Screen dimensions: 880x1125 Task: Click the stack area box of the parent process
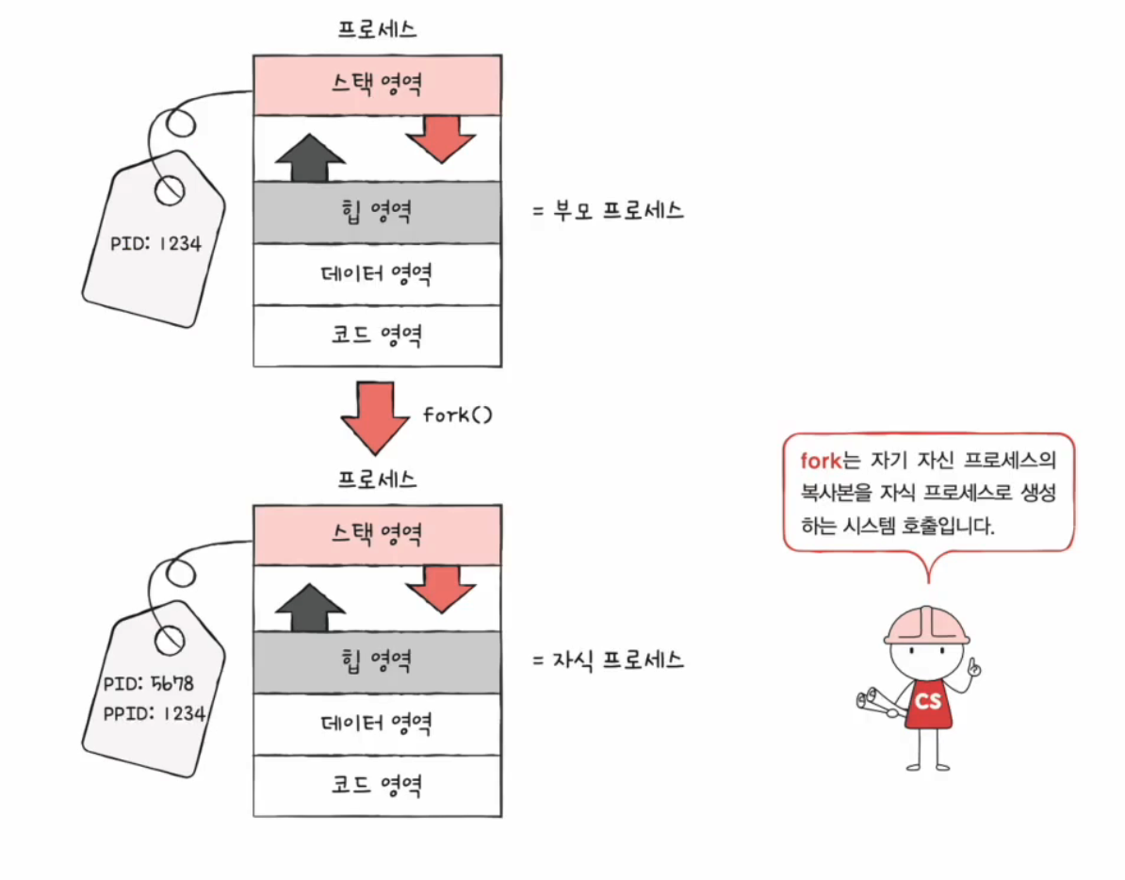click(377, 86)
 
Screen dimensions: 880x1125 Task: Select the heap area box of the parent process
click(377, 212)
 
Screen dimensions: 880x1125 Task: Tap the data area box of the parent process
click(377, 274)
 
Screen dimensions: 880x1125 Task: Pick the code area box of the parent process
click(377, 335)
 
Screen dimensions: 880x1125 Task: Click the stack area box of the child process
click(377, 534)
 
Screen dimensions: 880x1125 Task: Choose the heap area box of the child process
click(377, 660)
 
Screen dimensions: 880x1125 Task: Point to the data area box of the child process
click(377, 723)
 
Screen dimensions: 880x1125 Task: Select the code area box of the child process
click(377, 784)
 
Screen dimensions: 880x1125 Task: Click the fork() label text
click(457, 416)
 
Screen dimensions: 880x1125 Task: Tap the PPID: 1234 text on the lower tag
click(154, 713)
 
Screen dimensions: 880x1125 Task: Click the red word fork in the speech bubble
click(819, 462)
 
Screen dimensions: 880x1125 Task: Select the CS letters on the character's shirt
click(928, 701)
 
